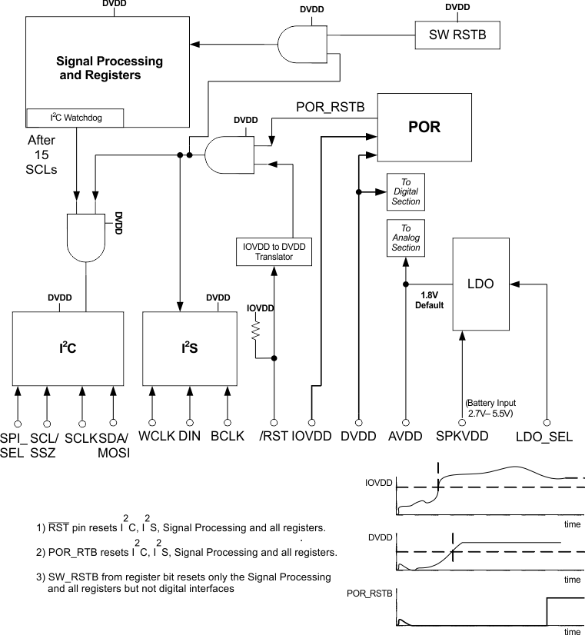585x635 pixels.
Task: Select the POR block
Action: [x=425, y=127]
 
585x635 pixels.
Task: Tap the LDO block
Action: [x=479, y=284]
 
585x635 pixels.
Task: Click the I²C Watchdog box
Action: [x=76, y=118]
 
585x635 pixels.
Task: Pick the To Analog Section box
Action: [x=406, y=238]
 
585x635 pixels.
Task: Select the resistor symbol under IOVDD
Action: [x=255, y=331]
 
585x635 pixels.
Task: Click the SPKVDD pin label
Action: [x=463, y=437]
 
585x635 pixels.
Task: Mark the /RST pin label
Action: [x=274, y=437]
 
